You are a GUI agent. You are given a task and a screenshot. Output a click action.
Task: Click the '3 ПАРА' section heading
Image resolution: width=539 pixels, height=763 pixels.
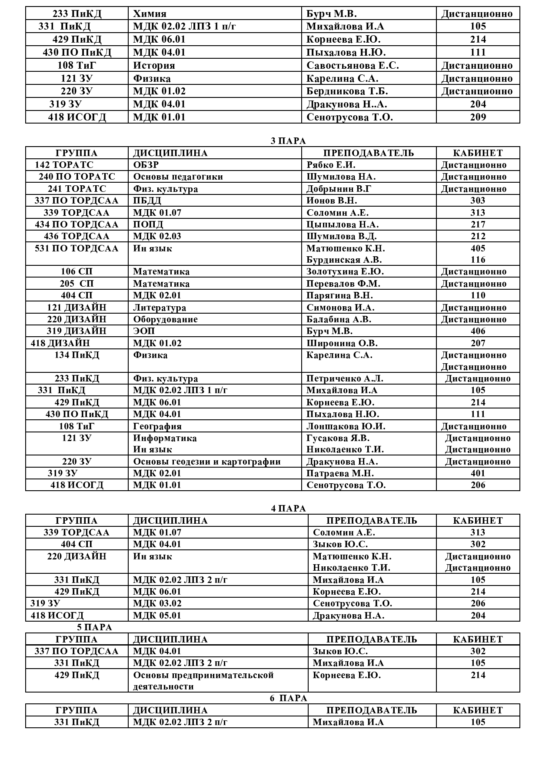(288, 141)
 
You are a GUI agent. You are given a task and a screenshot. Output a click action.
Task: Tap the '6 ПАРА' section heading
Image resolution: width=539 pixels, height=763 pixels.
(288, 698)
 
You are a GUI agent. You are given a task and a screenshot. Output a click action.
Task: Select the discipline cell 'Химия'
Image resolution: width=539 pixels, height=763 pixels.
(150, 13)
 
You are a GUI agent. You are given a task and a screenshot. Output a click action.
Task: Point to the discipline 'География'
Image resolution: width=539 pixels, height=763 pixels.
(157, 426)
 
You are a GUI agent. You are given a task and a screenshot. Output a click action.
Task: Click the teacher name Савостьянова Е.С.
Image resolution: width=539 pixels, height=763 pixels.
(353, 65)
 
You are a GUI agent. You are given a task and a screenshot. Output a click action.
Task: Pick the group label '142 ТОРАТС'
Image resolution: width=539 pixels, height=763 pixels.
(64, 165)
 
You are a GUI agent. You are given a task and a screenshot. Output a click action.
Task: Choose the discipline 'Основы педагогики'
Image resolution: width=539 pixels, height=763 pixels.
(178, 177)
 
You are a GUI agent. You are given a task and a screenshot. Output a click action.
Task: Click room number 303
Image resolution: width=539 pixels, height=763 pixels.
(478, 201)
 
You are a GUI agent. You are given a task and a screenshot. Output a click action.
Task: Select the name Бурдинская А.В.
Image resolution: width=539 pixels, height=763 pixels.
(344, 260)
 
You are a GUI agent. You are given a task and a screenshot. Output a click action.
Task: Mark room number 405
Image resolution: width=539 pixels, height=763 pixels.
(478, 248)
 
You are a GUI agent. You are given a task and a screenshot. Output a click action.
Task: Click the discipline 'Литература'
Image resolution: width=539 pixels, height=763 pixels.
(160, 308)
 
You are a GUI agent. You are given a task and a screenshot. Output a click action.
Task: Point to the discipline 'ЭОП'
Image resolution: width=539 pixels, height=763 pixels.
(144, 331)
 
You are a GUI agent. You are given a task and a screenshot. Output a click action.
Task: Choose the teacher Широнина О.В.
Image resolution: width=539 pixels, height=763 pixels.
(342, 343)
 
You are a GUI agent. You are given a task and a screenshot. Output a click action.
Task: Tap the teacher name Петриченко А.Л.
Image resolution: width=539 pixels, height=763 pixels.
(345, 378)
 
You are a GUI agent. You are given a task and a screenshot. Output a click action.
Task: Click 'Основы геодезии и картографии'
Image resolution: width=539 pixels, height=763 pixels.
(207, 462)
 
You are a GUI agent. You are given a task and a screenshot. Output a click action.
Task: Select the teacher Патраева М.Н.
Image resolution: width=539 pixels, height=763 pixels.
(340, 473)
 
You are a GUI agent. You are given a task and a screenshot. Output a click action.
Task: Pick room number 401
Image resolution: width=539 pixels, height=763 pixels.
(478, 473)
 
